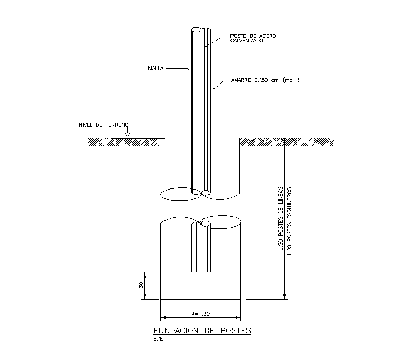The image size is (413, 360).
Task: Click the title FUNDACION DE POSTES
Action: click(x=202, y=331)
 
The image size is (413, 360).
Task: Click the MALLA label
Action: click(x=156, y=68)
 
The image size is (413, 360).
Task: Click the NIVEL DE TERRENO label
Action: click(x=103, y=125)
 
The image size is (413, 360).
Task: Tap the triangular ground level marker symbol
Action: click(x=127, y=135)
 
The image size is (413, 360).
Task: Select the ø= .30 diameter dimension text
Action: click(x=200, y=314)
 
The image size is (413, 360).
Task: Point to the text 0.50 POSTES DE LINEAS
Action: click(x=280, y=218)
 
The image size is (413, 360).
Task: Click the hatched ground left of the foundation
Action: click(x=123, y=141)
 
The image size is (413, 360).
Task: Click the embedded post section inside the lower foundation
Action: click(x=201, y=249)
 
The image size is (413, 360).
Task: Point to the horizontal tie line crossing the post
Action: click(x=201, y=92)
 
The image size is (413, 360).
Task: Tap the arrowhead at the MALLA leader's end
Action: click(x=188, y=68)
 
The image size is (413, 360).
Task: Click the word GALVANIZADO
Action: click(x=247, y=41)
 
